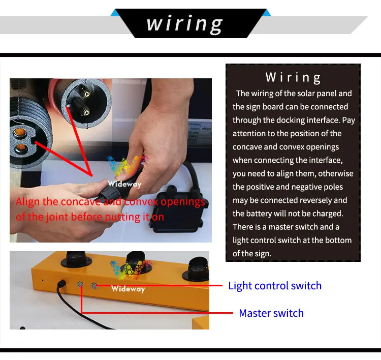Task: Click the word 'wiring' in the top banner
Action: (185, 24)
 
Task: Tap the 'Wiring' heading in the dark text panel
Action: (293, 78)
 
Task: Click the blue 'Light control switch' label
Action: (275, 286)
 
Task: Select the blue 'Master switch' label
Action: (271, 313)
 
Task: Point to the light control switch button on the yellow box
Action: (94, 286)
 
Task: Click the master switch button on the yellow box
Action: (80, 284)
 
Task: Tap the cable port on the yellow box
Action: (61, 284)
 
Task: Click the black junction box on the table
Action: (178, 208)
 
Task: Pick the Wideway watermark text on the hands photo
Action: (124, 184)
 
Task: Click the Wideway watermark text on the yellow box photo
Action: (128, 289)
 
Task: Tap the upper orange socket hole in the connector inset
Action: (20, 133)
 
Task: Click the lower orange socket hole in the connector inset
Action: (21, 147)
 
